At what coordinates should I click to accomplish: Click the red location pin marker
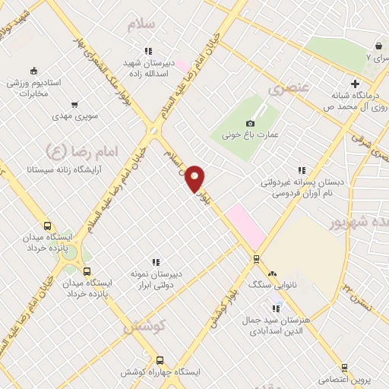tap(195, 178)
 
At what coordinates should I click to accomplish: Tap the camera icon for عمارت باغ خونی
tap(251, 123)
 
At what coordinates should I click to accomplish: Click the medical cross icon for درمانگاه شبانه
tap(355, 84)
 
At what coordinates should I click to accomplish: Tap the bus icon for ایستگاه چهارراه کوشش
tap(160, 361)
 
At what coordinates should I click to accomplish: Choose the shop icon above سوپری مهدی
tap(74, 105)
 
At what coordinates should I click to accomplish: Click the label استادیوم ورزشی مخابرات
tap(28, 89)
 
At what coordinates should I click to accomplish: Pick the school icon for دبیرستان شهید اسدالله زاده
tap(148, 51)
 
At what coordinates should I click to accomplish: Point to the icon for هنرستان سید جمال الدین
tap(277, 307)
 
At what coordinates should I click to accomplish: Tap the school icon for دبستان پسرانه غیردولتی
tap(302, 171)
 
